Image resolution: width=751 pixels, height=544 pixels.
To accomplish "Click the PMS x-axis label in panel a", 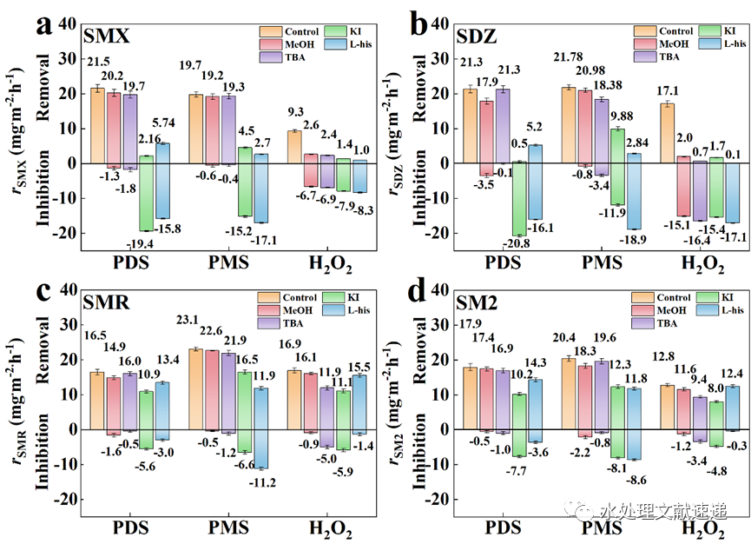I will tap(226, 262).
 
